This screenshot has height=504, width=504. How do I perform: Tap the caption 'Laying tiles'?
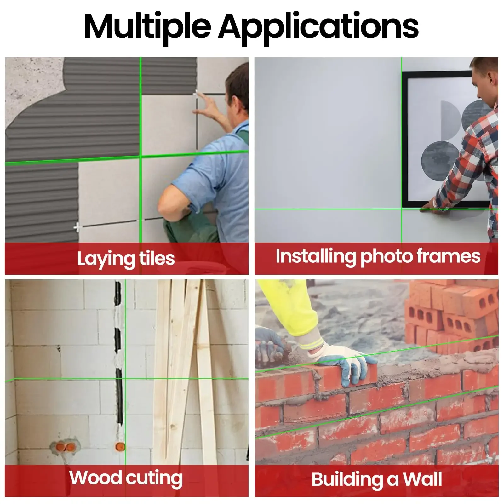(x=126, y=259)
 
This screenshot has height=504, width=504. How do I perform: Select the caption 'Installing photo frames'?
(x=378, y=256)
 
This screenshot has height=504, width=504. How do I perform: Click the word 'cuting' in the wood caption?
(x=154, y=478)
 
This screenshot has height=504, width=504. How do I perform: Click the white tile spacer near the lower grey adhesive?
(x=77, y=227)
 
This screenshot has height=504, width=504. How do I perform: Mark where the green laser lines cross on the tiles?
(x=140, y=156)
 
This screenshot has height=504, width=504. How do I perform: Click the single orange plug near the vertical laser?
(x=120, y=446)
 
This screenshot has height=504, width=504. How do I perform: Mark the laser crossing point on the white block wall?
(x=125, y=379)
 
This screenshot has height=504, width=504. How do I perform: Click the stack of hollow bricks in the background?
(x=452, y=315)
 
